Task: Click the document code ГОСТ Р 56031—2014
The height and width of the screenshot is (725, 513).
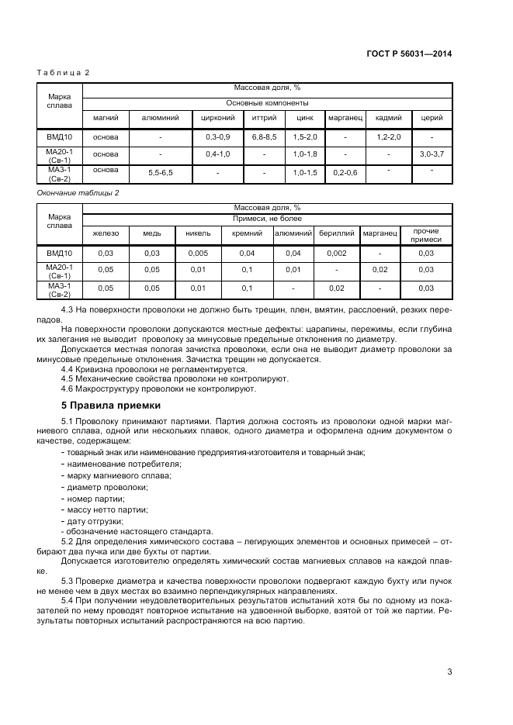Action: (x=409, y=54)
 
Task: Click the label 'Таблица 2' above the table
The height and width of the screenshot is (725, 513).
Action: (x=64, y=72)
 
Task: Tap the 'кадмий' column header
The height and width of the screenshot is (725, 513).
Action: (x=388, y=118)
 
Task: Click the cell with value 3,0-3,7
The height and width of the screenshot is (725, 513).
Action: (x=432, y=154)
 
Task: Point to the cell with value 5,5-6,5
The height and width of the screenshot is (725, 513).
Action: (x=160, y=172)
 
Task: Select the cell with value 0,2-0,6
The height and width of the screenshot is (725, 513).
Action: (x=345, y=172)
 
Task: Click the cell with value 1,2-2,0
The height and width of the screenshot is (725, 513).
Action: (x=388, y=136)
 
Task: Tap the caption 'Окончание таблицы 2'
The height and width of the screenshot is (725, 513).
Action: (x=78, y=192)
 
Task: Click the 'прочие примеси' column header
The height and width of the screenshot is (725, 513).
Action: (x=426, y=236)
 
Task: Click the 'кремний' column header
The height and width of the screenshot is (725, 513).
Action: (x=247, y=233)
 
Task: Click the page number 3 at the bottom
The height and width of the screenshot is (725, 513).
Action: (x=449, y=671)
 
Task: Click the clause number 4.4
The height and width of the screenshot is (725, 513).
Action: (x=68, y=368)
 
